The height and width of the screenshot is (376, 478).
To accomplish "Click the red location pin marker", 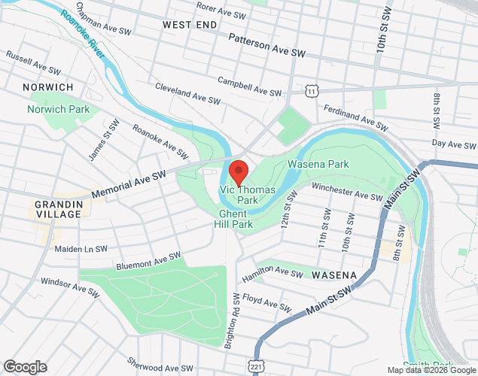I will (x=239, y=172).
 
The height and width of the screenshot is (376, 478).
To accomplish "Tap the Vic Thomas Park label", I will (x=247, y=196).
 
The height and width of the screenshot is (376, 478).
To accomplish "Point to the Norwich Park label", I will (x=59, y=109).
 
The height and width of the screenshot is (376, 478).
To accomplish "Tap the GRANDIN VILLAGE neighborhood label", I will (x=57, y=209).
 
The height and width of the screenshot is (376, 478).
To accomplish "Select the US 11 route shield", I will (x=311, y=90).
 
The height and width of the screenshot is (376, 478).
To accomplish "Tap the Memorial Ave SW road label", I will (x=128, y=185).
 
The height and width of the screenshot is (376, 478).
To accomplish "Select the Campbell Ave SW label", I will (x=249, y=85).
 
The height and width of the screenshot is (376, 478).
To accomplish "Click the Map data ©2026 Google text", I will (x=431, y=370).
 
